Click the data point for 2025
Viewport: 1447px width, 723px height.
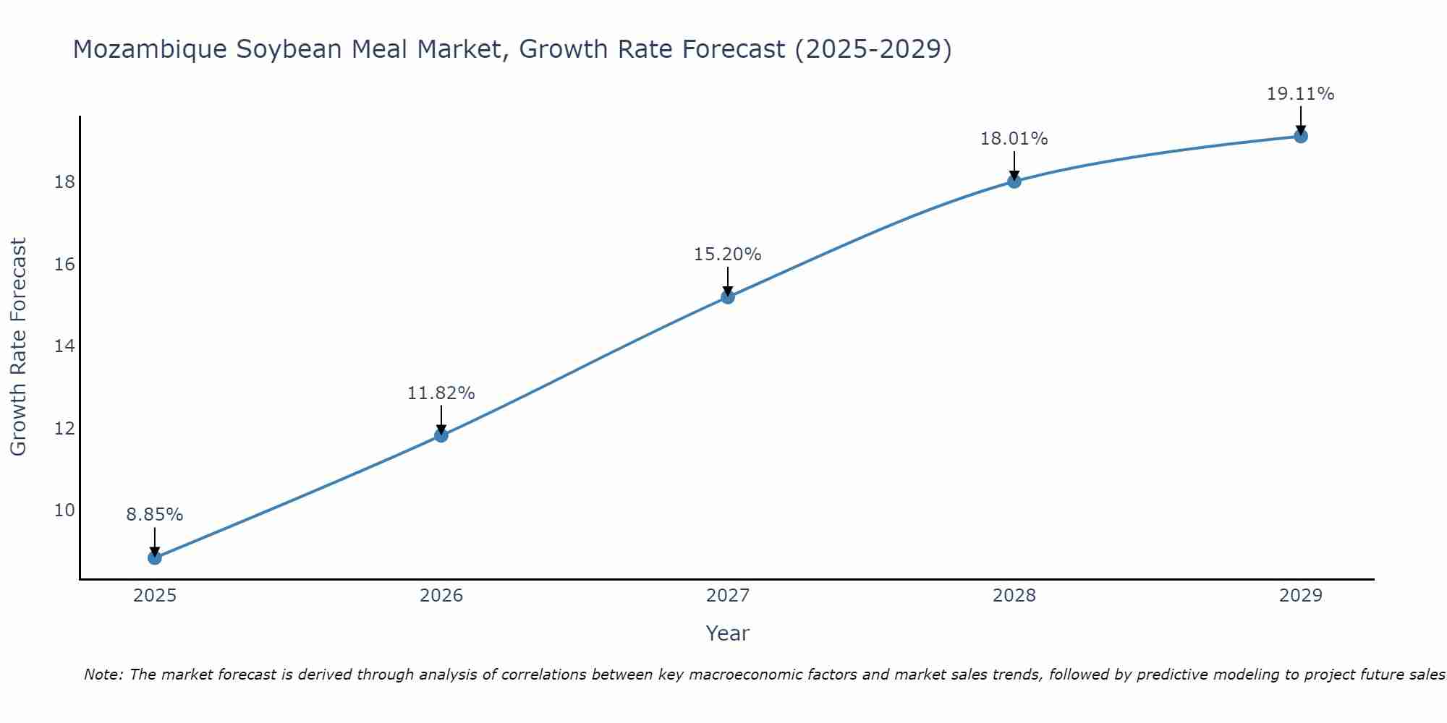(154, 557)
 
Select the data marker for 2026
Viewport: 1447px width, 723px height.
(441, 435)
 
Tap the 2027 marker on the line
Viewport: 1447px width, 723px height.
(727, 296)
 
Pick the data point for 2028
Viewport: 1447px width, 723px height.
(1014, 181)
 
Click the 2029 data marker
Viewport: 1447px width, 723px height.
(1300, 136)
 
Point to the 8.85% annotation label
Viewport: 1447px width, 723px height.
(154, 515)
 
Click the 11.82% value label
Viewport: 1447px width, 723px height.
(441, 393)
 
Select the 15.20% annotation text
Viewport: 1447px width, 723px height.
(727, 254)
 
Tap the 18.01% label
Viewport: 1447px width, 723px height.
(1014, 139)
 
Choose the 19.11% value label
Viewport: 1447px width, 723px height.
(1300, 94)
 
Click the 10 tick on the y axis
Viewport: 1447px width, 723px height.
(64, 510)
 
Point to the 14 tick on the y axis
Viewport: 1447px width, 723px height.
(64, 346)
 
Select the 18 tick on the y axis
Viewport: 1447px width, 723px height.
(64, 181)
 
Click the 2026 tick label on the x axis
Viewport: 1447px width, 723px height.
(441, 596)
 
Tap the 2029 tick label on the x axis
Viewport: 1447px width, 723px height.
(1300, 596)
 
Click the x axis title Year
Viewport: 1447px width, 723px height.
(727, 633)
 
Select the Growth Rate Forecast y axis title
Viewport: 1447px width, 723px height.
(18, 347)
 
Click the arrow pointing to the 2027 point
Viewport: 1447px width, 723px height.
(727, 281)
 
